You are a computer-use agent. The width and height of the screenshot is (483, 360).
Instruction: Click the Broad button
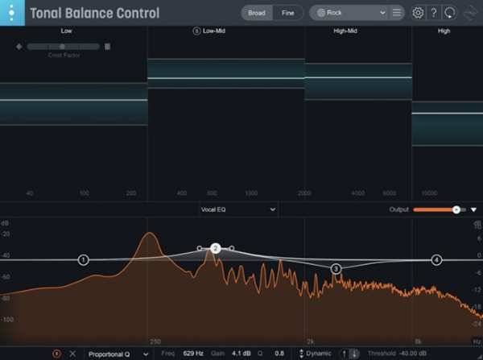tap(257, 13)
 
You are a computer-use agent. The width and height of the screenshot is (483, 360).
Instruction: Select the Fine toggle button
tap(287, 13)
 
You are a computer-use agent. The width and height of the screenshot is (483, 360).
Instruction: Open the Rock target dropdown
tap(346, 13)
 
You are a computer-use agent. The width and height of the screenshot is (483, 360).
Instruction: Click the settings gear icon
tap(418, 13)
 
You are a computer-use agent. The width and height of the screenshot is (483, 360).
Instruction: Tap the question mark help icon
tap(434, 13)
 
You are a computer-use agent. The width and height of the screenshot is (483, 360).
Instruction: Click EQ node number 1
tap(84, 260)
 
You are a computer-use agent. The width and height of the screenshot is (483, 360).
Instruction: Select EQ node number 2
tap(215, 249)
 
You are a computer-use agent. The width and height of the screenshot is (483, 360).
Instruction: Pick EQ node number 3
tap(336, 268)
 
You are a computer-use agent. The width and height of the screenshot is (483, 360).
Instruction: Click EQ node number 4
tap(436, 260)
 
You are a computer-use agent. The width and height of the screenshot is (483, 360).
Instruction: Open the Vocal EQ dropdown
tap(238, 209)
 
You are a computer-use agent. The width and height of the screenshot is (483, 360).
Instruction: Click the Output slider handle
tap(456, 209)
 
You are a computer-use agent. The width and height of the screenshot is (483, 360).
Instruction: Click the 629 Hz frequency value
tap(192, 354)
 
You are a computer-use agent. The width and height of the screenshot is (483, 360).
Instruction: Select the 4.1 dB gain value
tap(242, 354)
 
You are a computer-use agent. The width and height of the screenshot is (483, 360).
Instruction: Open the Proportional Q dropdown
tap(118, 354)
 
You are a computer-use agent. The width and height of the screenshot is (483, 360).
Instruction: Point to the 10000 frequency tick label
tap(429, 194)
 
